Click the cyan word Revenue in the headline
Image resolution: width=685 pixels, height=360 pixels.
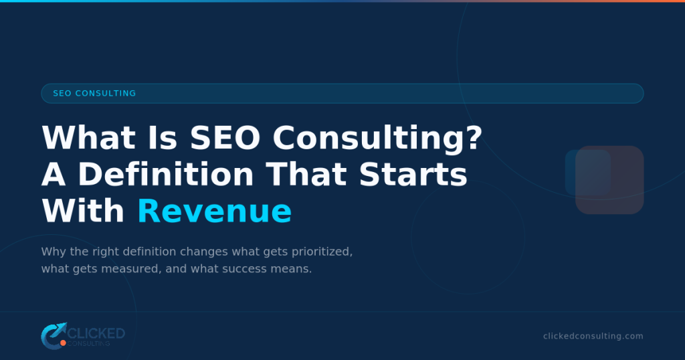[214, 211]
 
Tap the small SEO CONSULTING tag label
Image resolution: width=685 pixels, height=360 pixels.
[94, 94]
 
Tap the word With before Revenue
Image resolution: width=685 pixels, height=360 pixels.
[83, 211]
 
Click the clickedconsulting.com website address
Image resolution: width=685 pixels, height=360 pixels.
[593, 336]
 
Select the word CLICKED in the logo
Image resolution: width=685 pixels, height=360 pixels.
[96, 333]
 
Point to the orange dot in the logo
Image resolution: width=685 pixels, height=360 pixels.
[63, 343]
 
